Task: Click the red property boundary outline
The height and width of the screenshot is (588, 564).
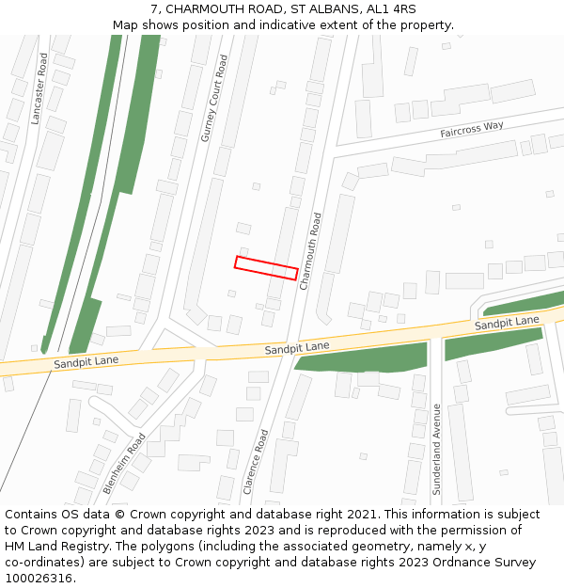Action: coord(266,268)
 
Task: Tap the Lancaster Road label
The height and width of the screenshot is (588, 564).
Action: coord(38,88)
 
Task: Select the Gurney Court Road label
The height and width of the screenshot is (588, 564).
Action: coord(214,99)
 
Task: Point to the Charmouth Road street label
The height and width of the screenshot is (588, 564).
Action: coord(310,251)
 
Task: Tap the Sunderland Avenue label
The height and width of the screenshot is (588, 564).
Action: coord(436,450)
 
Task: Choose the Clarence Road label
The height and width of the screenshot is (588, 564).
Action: coord(256,462)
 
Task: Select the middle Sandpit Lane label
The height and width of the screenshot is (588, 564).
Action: coord(297,347)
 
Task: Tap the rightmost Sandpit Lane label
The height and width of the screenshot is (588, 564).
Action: coord(507,323)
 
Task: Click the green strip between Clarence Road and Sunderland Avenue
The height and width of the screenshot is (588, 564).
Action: coord(363,357)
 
